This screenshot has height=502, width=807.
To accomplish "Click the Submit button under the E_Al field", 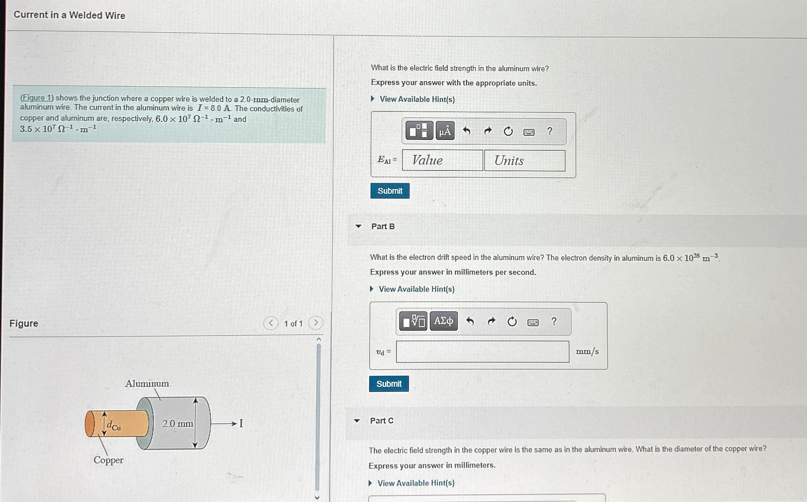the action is tap(390, 191).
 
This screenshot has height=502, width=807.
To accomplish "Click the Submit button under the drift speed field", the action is tap(389, 384).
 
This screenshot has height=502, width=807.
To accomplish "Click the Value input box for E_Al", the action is tap(442, 160).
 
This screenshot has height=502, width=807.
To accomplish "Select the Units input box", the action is tap(525, 160).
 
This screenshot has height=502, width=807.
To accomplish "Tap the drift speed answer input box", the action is tap(482, 352).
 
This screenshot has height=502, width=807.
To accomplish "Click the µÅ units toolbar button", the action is tap(445, 131).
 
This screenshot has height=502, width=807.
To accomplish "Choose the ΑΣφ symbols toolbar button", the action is tap(443, 321).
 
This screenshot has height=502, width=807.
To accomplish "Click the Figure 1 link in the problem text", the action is tap(37, 98).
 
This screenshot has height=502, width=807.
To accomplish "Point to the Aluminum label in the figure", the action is tap(147, 383).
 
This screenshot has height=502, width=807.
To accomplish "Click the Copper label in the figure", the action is tap(108, 460).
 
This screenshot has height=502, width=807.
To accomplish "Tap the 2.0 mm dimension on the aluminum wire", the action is tap(178, 423).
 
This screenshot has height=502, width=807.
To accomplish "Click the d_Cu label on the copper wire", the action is tap(113, 425).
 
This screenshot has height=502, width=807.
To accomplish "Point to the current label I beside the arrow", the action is tap(241, 423).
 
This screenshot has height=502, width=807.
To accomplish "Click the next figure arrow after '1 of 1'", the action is tap(316, 323).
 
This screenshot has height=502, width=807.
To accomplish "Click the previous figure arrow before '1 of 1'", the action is tap(271, 323).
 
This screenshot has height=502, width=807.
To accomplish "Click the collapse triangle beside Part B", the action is tap(359, 226).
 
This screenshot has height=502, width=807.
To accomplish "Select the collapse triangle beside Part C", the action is tap(357, 420).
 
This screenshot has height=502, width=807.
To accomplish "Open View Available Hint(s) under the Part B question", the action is tap(417, 289).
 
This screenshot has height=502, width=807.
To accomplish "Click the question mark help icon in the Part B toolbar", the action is tap(554, 321).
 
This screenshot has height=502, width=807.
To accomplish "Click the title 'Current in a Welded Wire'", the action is tap(69, 15).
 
